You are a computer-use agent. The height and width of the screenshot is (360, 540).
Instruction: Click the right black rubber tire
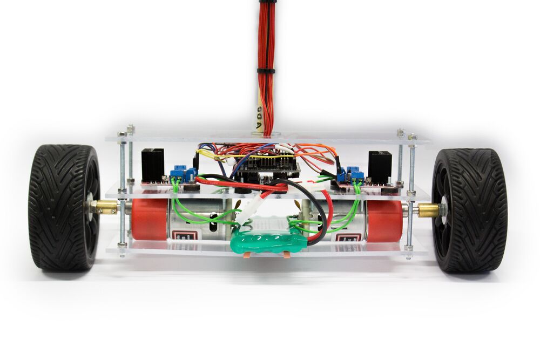coord(469,210)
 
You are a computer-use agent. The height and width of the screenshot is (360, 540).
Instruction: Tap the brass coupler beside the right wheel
coord(427,210)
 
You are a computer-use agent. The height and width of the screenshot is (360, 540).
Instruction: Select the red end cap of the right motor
coord(384,221)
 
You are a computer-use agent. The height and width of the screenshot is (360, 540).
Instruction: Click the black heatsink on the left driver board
coord(152,165)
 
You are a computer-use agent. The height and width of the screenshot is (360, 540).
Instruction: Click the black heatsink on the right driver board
coord(380,167)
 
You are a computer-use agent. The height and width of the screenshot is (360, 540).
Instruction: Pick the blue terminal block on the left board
coord(183,174)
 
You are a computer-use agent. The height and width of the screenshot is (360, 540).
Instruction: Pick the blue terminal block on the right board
coord(350,174)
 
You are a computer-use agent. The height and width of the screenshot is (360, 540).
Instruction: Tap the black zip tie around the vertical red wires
coord(266,71)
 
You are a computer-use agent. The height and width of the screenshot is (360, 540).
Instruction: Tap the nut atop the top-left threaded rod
coord(130,129)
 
